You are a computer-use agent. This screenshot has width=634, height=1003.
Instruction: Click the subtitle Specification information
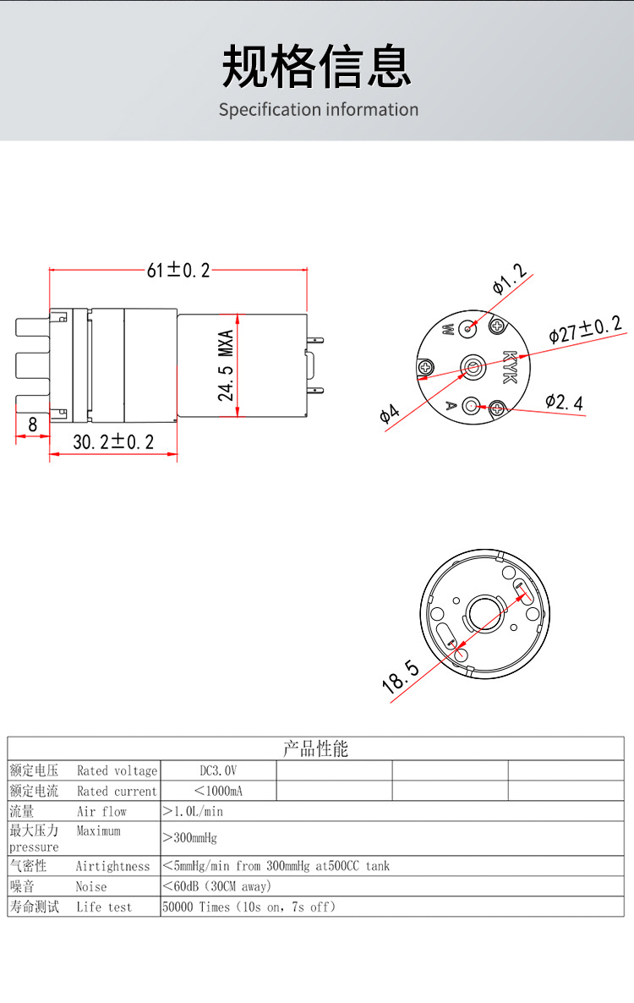coord(319,110)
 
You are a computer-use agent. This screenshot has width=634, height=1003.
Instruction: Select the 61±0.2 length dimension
coord(178,270)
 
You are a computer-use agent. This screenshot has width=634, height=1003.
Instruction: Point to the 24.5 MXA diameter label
coord(226,365)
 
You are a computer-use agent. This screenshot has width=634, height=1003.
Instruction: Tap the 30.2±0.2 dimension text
coord(113,441)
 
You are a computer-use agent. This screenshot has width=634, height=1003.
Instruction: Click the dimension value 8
coord(32,425)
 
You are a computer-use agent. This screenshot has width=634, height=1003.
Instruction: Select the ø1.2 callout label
coord(509,280)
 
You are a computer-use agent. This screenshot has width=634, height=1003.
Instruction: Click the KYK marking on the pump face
coord(509,367)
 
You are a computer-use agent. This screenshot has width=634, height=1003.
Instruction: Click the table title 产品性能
coord(315,748)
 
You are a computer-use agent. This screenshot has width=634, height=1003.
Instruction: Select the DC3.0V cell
coord(218,770)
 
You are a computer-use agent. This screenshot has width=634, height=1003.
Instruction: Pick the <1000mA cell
coord(218,791)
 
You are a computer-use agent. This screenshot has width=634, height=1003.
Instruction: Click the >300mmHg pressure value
coord(189,838)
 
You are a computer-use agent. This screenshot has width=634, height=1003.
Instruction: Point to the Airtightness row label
coord(112,866)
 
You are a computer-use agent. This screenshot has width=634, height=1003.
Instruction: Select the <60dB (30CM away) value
coord(216,886)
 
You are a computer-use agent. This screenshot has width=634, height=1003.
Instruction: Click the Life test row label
coord(104,907)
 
